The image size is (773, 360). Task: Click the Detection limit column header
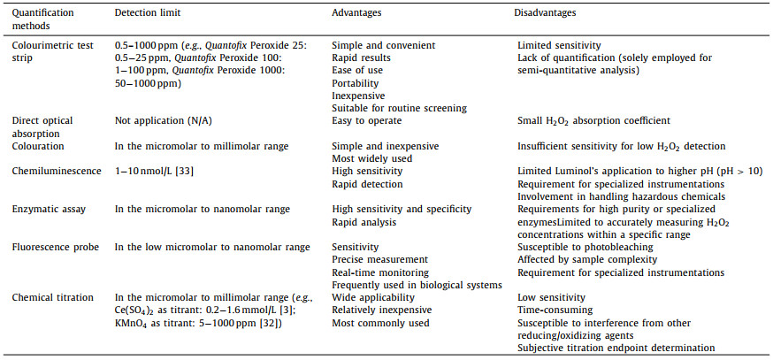click(x=148, y=14)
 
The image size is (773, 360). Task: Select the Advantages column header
click(x=358, y=14)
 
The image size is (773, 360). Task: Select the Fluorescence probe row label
click(x=50, y=248)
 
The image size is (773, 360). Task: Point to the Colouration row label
click(x=38, y=145)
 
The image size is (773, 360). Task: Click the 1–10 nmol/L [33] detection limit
click(x=154, y=171)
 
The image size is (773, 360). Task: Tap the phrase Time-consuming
click(x=555, y=311)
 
